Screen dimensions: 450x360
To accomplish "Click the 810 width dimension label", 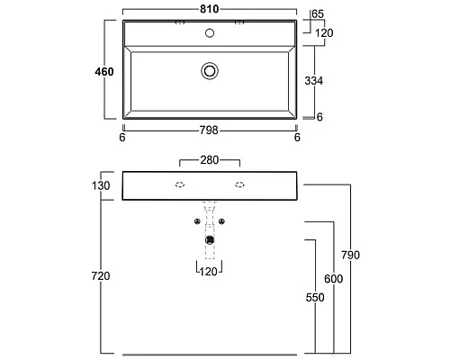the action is [x=210, y=9].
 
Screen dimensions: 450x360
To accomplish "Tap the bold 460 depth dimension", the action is [x=104, y=72].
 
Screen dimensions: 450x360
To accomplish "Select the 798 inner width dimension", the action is [x=209, y=130].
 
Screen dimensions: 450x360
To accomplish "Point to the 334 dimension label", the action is [x=314, y=81].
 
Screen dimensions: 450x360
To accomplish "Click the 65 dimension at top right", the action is [x=318, y=14].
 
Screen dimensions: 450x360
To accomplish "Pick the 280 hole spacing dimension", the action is [x=210, y=160].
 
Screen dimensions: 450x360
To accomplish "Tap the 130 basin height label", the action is [x=101, y=185].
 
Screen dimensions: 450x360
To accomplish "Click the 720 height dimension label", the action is [x=101, y=275].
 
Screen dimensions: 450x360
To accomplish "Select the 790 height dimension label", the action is [x=350, y=255].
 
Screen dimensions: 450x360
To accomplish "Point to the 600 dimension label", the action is [x=333, y=279].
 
